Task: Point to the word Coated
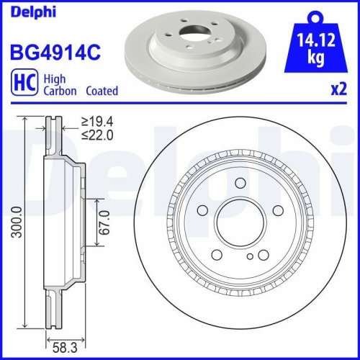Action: (102, 91)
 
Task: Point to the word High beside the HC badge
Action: (55, 80)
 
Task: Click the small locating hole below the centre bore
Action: (249, 256)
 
